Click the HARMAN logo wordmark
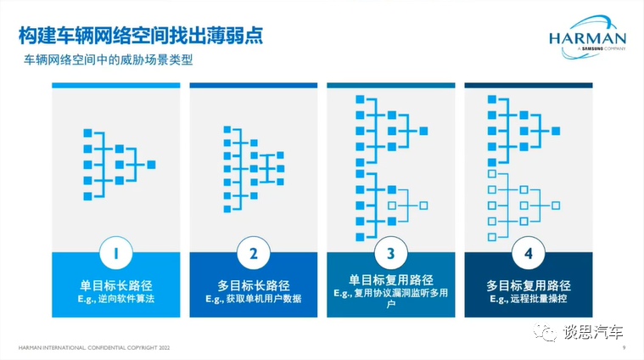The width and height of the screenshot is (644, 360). pyautogui.click(x=586, y=38)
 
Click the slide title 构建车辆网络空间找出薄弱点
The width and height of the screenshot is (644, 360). pyautogui.click(x=141, y=36)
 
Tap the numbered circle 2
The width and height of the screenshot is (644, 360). pyautogui.click(x=253, y=253)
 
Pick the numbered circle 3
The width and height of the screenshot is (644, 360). pyautogui.click(x=390, y=253)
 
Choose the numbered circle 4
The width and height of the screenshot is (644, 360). pyautogui.click(x=528, y=253)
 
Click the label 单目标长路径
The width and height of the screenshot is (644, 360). pyautogui.click(x=115, y=284)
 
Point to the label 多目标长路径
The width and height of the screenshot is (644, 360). pyautogui.click(x=253, y=284)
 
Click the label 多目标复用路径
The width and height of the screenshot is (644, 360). pyautogui.click(x=528, y=284)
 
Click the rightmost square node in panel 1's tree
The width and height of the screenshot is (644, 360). pyautogui.click(x=152, y=164)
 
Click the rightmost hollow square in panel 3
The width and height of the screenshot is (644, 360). pyautogui.click(x=423, y=205)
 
